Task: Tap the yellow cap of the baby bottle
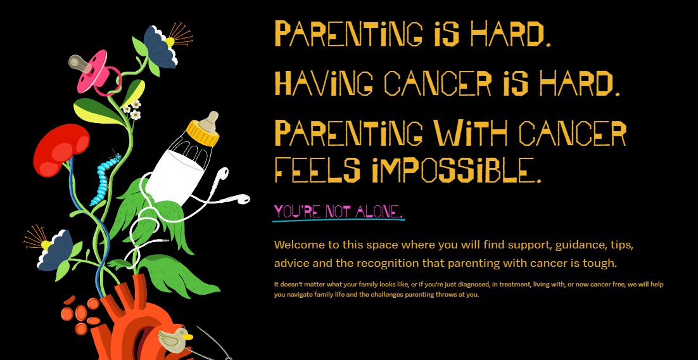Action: point(203,132)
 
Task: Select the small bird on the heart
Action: point(175,340)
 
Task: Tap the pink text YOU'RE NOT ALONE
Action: point(338,212)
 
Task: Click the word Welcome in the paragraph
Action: point(297,245)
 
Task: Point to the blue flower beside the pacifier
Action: point(161,47)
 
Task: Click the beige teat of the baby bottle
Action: point(209,120)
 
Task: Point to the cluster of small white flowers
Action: point(132,110)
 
